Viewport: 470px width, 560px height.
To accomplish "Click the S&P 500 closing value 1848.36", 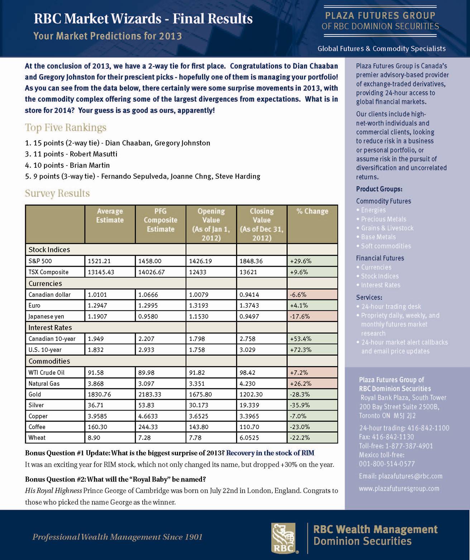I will [251, 261].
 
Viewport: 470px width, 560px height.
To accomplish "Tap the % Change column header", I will [312, 212].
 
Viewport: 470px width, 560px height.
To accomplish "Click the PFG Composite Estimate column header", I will [160, 220].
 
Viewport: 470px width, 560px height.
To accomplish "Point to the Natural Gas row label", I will [44, 384].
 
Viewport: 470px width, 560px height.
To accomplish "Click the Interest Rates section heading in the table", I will [50, 328].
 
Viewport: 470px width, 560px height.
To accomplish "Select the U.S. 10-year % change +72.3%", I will [300, 350].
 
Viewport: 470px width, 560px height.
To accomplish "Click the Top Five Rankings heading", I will [66, 128].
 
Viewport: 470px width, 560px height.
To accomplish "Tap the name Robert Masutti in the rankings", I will [93, 154].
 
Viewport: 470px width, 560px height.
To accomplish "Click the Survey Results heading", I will [57, 193].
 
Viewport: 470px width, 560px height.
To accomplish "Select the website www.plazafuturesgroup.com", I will [399, 489].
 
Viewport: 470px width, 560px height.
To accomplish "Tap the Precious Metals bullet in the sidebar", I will [383, 219].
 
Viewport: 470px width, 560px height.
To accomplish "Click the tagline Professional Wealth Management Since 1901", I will [117, 537].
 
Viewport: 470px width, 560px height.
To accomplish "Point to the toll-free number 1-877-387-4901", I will [409, 446].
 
